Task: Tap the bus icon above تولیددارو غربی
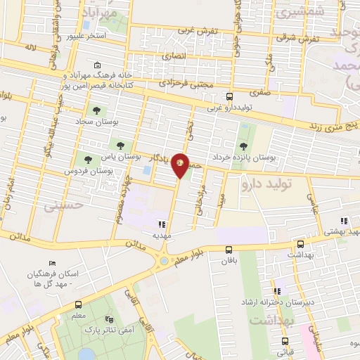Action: (229, 97)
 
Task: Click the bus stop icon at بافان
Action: (229, 250)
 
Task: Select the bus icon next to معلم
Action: (77, 306)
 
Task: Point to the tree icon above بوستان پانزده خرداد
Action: (243, 146)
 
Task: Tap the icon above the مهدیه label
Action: (163, 225)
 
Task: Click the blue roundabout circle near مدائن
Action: (164, 261)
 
